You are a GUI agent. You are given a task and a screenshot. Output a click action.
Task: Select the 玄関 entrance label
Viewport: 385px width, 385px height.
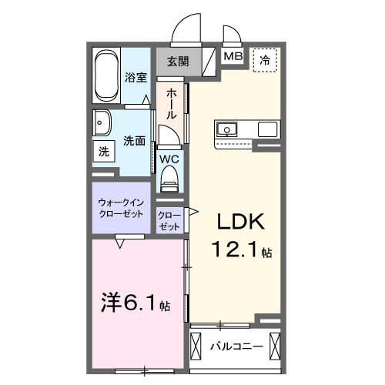pos(178,61)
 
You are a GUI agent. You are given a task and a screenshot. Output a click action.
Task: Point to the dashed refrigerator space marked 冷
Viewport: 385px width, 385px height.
pos(265,59)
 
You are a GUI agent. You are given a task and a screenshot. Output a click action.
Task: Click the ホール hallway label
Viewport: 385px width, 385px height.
pos(171,102)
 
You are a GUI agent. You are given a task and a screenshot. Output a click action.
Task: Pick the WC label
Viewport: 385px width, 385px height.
pos(169,159)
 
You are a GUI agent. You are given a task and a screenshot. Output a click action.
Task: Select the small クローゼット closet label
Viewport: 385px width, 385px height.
pos(169,221)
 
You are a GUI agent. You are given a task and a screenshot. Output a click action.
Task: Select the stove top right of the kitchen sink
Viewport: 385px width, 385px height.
pos(267,128)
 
